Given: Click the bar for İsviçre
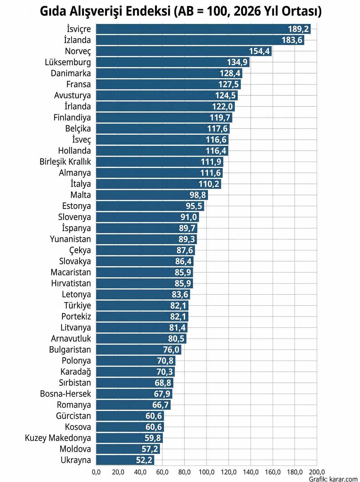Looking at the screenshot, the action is [203, 29].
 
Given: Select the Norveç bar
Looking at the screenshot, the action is [184, 51].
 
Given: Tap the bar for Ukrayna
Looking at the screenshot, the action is [125, 460].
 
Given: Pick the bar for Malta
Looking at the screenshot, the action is [152, 195].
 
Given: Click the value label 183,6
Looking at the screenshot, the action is [292, 40].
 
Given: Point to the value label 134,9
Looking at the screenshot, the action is [237, 62].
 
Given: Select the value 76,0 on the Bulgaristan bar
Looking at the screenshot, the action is [171, 349].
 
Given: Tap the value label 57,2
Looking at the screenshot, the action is [150, 449].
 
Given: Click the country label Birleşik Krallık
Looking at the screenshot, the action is [65, 162].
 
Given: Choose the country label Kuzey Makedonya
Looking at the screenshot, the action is [58, 438].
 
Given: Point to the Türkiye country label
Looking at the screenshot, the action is [77, 305].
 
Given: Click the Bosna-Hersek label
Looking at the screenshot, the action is [65, 394].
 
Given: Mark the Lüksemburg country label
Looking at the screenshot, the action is [68, 62].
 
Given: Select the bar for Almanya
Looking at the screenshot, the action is [159, 173].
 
